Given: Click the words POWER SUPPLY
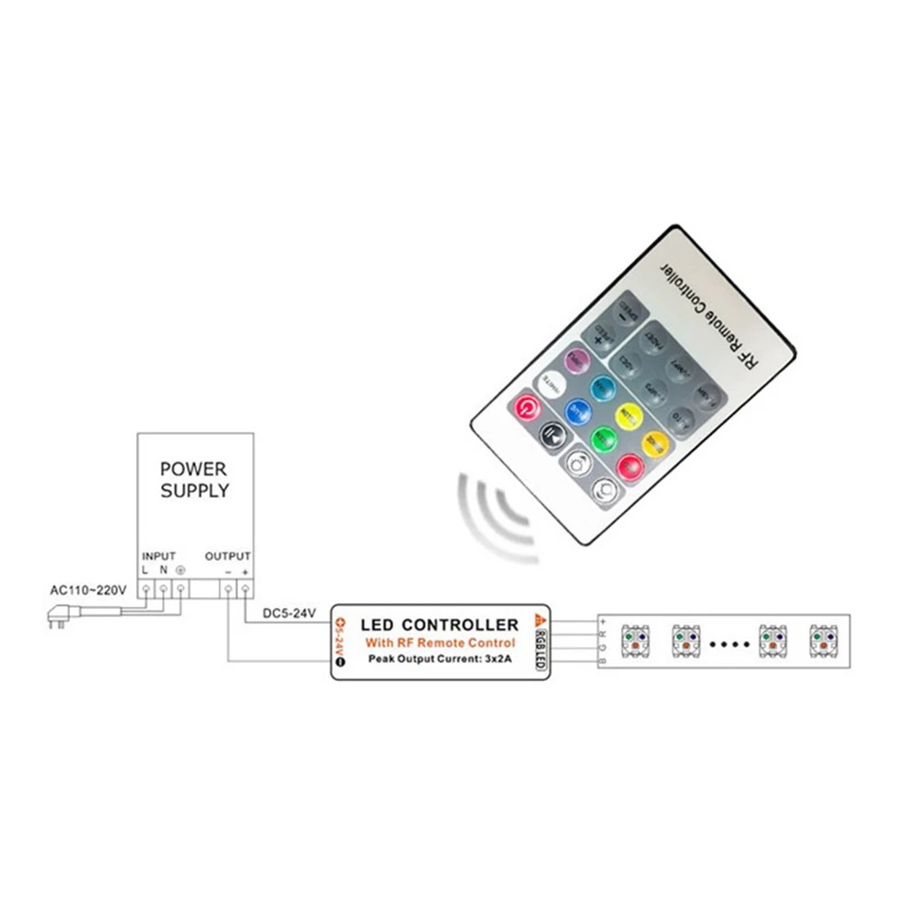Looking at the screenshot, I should click(x=194, y=479).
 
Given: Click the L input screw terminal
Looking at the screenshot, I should click(x=146, y=589).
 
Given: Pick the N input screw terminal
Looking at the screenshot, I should click(x=164, y=589).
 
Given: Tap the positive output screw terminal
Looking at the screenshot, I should click(x=245, y=589).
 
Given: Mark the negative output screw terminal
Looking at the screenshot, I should click(x=227, y=589).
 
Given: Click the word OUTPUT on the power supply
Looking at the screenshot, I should click(x=227, y=556).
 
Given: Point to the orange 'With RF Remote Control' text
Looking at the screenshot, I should click(x=440, y=642).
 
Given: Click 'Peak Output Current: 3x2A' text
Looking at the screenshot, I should click(x=440, y=659).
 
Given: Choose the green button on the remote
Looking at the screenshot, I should click(x=602, y=437).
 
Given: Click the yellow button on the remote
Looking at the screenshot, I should click(x=628, y=414).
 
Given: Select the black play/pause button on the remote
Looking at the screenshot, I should click(x=551, y=431).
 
